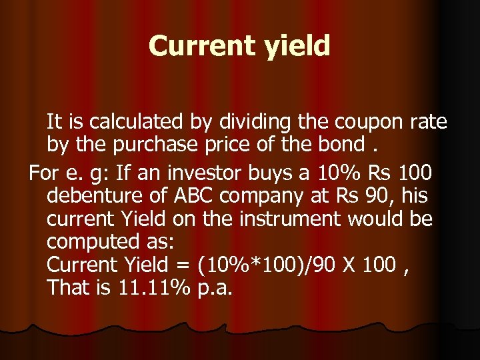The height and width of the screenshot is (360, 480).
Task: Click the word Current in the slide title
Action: (194, 46)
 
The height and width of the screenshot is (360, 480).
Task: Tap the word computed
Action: (93, 242)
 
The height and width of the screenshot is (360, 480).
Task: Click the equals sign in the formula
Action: (182, 265)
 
